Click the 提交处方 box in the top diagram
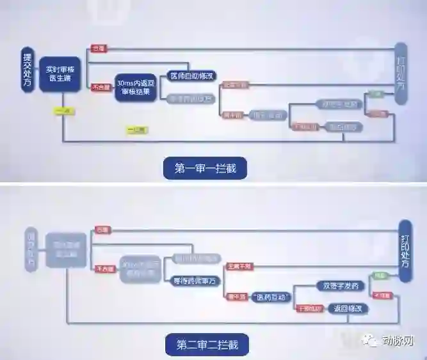pyautogui.click(x=28, y=70)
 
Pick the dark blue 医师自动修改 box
pyautogui.click(x=189, y=75)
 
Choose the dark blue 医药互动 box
pyautogui.click(x=270, y=297)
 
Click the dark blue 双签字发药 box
pyautogui.click(x=341, y=286)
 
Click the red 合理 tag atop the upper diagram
pyautogui.click(x=98, y=49)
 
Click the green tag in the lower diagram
pyautogui.click(x=380, y=276)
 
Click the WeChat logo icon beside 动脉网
pyautogui.click(x=371, y=340)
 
